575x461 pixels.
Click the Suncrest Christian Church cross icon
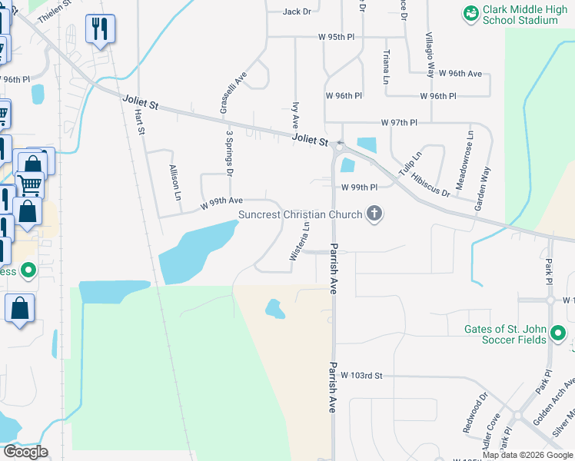[x=374, y=214]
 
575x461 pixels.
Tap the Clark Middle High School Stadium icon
[x=470, y=12]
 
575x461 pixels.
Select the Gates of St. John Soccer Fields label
[x=505, y=335]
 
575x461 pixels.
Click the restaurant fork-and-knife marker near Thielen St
[x=99, y=29]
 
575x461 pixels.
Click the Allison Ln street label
[x=174, y=182]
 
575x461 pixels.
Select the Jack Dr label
[x=297, y=12]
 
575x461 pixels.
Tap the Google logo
[x=25, y=452]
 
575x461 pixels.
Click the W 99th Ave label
[x=221, y=203]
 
